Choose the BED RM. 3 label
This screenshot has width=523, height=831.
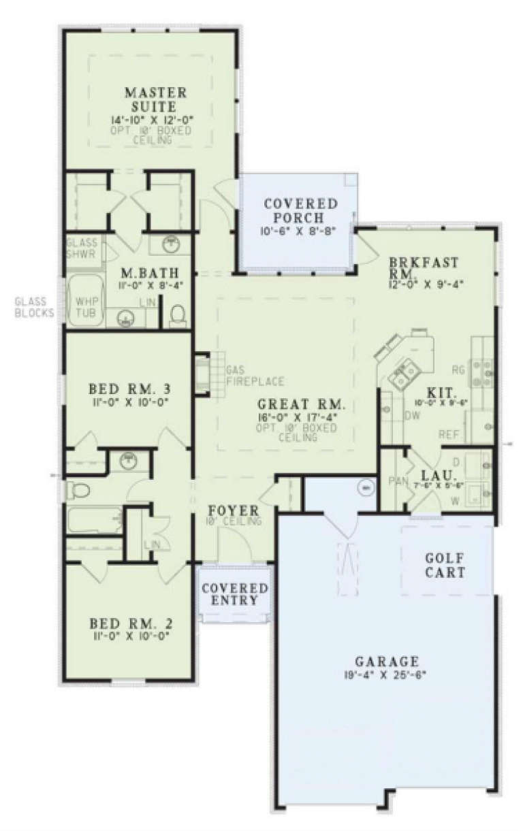129,390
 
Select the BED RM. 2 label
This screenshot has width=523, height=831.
129,624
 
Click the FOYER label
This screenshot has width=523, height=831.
234,510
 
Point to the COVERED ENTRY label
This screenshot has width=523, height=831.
234,594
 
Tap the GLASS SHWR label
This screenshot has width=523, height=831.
82,248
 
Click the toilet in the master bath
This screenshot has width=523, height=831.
177,315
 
